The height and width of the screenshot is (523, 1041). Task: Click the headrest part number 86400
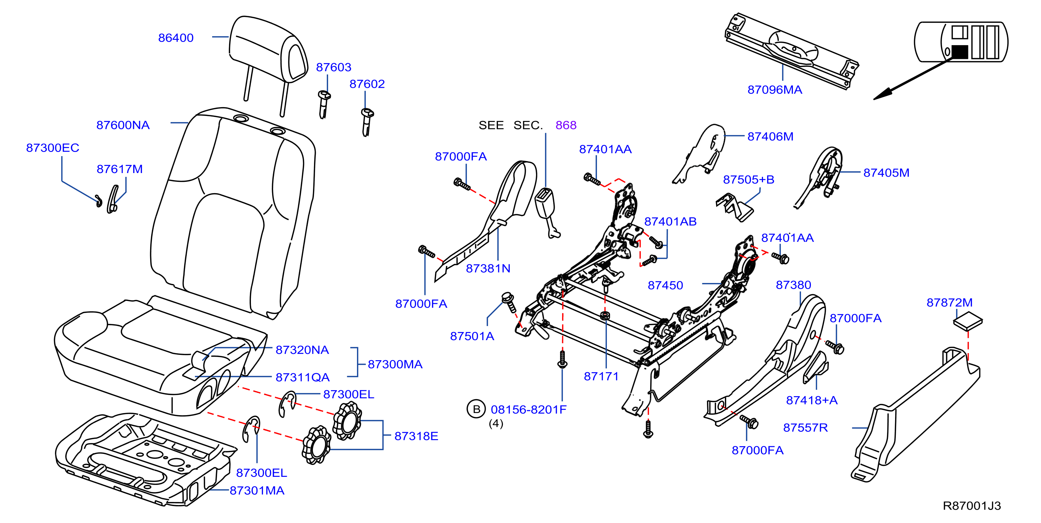pos(176,38)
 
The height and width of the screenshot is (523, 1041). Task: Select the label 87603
pos(333,67)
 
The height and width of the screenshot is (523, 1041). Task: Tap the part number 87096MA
pos(775,90)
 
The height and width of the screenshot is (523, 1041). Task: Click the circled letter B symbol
pos(476,409)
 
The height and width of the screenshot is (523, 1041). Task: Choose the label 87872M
pos(949,302)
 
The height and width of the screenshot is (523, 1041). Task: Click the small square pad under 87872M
pos(968,321)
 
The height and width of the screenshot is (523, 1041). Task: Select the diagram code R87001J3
pos(972,506)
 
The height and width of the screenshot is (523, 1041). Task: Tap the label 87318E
pos(416,436)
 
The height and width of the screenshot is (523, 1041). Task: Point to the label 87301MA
pos(257,490)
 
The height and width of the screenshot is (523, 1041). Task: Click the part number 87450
pos(665,285)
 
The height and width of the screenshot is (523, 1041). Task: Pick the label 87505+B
pos(749,179)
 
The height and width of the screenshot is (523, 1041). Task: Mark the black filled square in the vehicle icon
pos(960,52)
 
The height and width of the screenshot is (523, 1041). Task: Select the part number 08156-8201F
pos(529,410)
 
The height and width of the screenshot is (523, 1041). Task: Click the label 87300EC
pos(53,148)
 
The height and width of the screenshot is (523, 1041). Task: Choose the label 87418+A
pos(812,400)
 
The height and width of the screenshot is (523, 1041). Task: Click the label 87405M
pos(886,173)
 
